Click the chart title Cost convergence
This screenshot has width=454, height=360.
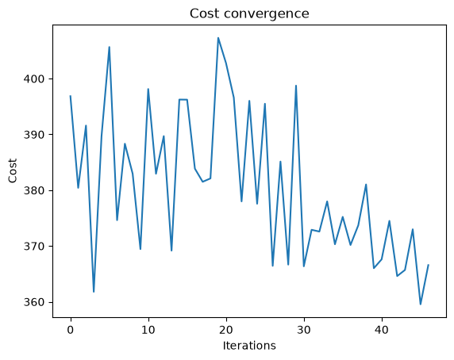[x=249, y=13]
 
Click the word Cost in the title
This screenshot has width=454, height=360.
[x=204, y=13]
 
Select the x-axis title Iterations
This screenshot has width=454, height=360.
[x=249, y=346]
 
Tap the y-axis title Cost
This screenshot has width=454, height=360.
[x=13, y=171]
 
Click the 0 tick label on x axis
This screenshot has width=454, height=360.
[x=71, y=330]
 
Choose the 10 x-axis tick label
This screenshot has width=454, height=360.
[x=148, y=330]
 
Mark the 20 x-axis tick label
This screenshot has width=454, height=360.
[x=226, y=330]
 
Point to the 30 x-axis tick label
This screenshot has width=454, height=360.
[x=304, y=330]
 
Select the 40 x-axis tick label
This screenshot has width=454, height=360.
[x=382, y=330]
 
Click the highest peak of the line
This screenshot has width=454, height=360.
[x=218, y=37]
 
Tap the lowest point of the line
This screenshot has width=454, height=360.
[x=421, y=304]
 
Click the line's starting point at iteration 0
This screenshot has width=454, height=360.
[x=71, y=96]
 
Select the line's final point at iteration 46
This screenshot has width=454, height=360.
[x=429, y=265]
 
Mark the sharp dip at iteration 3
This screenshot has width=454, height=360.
[x=94, y=292]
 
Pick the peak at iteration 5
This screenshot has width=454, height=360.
[x=110, y=47]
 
